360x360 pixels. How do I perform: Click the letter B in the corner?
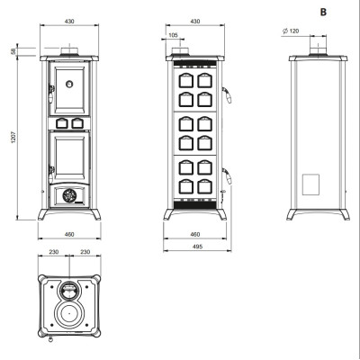tap(323, 13)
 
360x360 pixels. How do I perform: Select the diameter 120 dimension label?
tap(291, 31)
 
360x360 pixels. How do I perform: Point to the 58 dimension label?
tap(13, 51)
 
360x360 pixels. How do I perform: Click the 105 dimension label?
tap(173, 35)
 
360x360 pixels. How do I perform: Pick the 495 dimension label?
tap(197, 247)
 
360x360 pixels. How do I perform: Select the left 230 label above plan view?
tap(54, 252)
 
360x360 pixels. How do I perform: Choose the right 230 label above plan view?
tap(85, 252)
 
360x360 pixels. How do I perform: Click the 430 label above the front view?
tap(69, 22)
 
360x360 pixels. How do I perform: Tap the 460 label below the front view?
tap(69, 235)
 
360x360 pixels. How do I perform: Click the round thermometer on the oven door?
tap(69, 84)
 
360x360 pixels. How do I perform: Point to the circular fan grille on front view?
tap(69, 196)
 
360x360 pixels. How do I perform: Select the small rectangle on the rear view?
tap(310, 184)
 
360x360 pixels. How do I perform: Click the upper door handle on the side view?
tap(228, 94)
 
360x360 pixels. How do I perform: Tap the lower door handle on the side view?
tap(228, 175)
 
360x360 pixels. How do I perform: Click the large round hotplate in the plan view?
tap(69, 313)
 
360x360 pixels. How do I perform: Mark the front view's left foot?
tap(43, 214)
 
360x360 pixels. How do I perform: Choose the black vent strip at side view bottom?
tap(195, 205)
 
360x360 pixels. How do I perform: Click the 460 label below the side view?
tap(195, 235)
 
